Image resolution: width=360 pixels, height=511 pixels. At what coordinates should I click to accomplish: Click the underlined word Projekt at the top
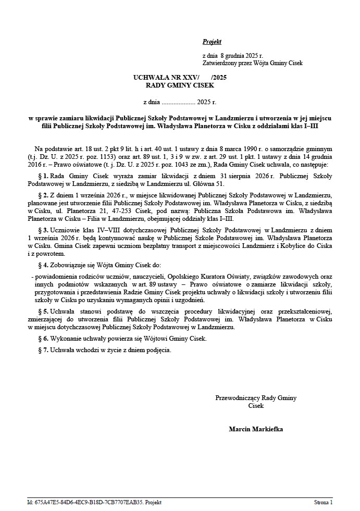coord(212,42)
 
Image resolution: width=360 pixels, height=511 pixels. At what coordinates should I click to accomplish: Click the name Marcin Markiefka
coord(256,429)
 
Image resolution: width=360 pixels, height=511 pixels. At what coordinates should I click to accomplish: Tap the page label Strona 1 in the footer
coord(323,502)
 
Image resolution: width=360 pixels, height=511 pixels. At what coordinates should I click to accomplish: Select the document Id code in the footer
coord(94,502)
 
